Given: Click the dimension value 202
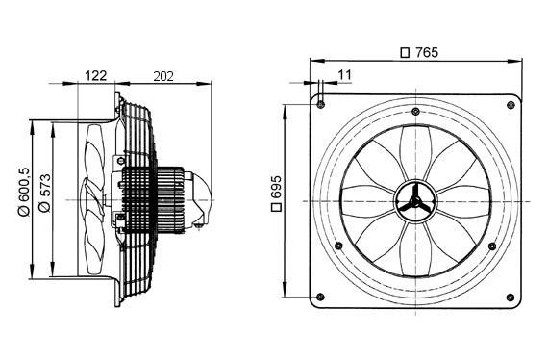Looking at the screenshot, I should [164, 73].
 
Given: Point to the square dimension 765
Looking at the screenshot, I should [419, 53].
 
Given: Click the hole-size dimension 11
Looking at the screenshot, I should [344, 73].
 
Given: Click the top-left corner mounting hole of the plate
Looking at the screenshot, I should [321, 104].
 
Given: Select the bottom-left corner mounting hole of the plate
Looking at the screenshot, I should [321, 296].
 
